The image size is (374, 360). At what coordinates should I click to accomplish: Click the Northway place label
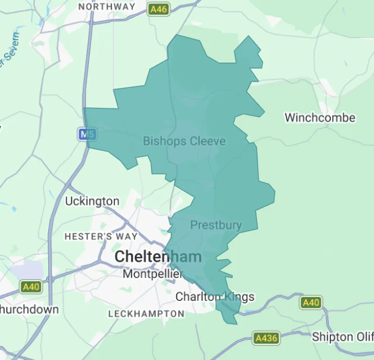pyautogui.click(x=107, y=7)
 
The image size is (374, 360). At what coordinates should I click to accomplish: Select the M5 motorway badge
pyautogui.click(x=86, y=135)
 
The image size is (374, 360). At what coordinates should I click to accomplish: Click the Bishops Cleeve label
pyautogui.click(x=184, y=141)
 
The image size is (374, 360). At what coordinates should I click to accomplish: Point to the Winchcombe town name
pyautogui.click(x=320, y=117)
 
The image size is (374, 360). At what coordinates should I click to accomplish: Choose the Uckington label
pyautogui.click(x=92, y=201)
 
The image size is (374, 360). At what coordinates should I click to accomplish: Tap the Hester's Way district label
pyautogui.click(x=101, y=236)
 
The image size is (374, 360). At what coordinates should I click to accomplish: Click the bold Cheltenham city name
pyautogui.click(x=158, y=257)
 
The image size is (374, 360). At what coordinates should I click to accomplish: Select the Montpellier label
pyautogui.click(x=152, y=274)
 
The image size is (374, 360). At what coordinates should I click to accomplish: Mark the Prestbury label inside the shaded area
pyautogui.click(x=216, y=225)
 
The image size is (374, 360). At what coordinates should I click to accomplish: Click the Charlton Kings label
pyautogui.click(x=214, y=296)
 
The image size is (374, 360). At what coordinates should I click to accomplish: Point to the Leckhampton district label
pyautogui.click(x=146, y=314)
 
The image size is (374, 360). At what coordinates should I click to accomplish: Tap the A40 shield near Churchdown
pyautogui.click(x=31, y=287)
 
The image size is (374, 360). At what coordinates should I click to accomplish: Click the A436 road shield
pyautogui.click(x=266, y=338)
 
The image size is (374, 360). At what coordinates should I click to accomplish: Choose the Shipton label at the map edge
pyautogui.click(x=342, y=337)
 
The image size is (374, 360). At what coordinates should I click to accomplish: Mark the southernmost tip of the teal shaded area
pyautogui.click(x=234, y=323)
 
